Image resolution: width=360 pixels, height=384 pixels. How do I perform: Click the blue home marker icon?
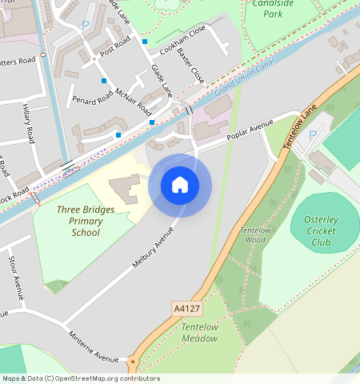[x=180, y=185]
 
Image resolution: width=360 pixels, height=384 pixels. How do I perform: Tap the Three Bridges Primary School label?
[x=85, y=222]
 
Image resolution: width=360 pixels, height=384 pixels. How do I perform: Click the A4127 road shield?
[x=185, y=306]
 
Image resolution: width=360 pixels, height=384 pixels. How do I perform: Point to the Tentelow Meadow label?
[x=199, y=333]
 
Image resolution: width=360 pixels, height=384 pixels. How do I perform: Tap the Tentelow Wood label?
[x=254, y=234]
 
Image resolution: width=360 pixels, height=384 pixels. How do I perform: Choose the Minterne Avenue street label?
[x=94, y=345]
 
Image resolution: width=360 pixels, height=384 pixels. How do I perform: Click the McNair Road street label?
[x=132, y=101]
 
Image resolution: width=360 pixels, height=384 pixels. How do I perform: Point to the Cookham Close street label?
[x=182, y=38]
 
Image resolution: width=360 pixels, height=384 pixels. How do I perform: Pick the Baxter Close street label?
[x=192, y=66]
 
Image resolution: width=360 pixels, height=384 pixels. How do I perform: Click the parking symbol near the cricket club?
[x=313, y=135]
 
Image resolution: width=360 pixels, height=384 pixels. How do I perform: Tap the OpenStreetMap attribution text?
[x=81, y=378]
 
